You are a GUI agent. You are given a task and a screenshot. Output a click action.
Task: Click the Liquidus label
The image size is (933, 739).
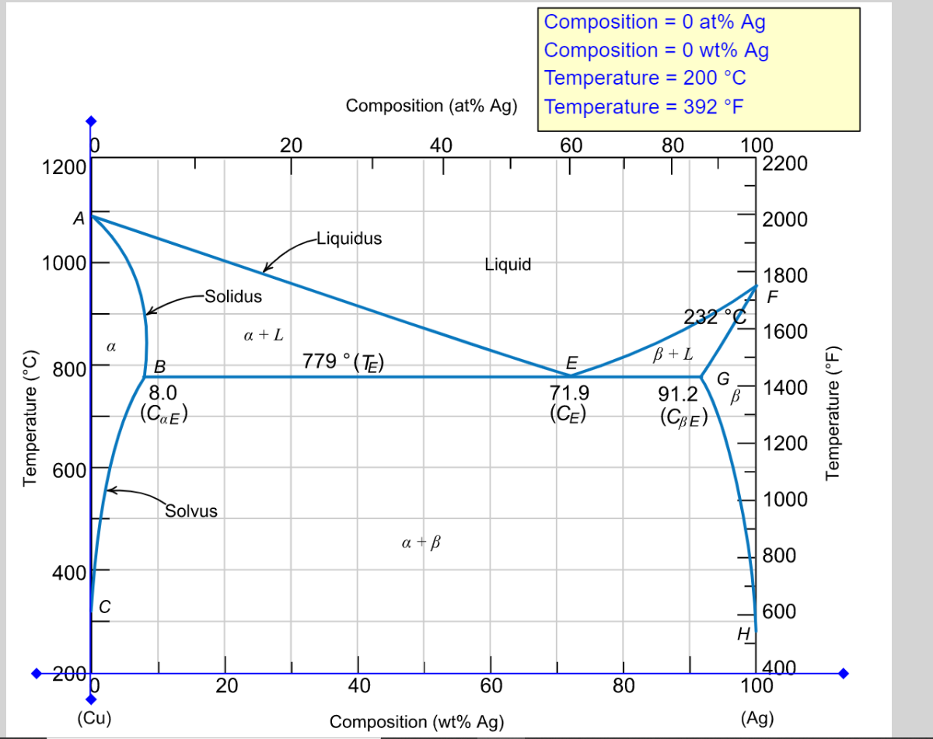pos(349,239)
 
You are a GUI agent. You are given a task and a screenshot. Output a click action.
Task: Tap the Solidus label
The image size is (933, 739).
pos(232,296)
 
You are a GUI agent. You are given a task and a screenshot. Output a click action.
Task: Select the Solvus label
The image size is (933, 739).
pos(191,511)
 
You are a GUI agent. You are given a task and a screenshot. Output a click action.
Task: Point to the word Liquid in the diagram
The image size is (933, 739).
pos(508,264)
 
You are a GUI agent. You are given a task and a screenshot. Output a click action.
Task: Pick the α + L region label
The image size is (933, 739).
pos(264,336)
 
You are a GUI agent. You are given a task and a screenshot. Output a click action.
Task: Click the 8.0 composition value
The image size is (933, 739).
pos(162,393)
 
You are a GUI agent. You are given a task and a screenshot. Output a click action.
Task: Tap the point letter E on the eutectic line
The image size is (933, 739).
pos(571,363)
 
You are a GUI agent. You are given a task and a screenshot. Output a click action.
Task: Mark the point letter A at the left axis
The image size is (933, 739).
pos(79,219)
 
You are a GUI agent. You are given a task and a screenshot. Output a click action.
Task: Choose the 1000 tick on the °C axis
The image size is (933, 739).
pos(64,263)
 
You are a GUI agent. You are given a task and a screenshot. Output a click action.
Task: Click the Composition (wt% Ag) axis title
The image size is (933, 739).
pos(416,722)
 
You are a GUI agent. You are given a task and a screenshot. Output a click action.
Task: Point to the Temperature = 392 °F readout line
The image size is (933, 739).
pos(644,106)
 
